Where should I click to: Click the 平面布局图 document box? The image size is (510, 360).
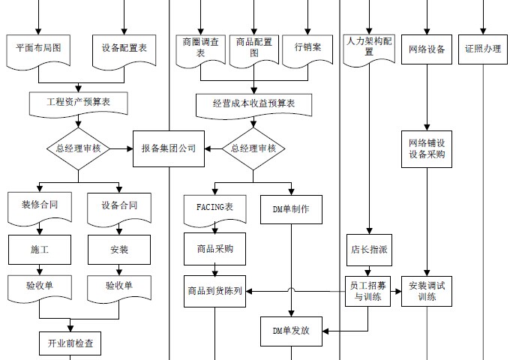click(x=38, y=48)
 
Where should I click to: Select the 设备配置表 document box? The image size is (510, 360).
click(x=124, y=48)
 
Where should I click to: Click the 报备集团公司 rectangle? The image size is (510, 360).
click(x=168, y=148)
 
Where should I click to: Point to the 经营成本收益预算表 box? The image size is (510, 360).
click(x=254, y=103)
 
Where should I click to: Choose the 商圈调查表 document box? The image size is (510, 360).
click(x=201, y=48)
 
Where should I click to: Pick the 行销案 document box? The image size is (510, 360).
click(x=307, y=48)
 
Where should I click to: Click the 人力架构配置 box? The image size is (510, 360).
click(x=369, y=48)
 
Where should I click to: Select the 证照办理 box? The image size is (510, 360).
click(x=482, y=49)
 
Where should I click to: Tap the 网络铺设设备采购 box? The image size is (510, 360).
click(x=427, y=148)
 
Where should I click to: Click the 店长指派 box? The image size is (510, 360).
click(x=368, y=250)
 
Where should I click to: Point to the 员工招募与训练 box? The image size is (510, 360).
click(x=368, y=291)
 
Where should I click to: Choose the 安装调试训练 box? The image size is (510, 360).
click(x=427, y=291)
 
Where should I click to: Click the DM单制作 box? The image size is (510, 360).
click(x=291, y=209)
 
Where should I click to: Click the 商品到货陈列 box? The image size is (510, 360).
click(x=214, y=291)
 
